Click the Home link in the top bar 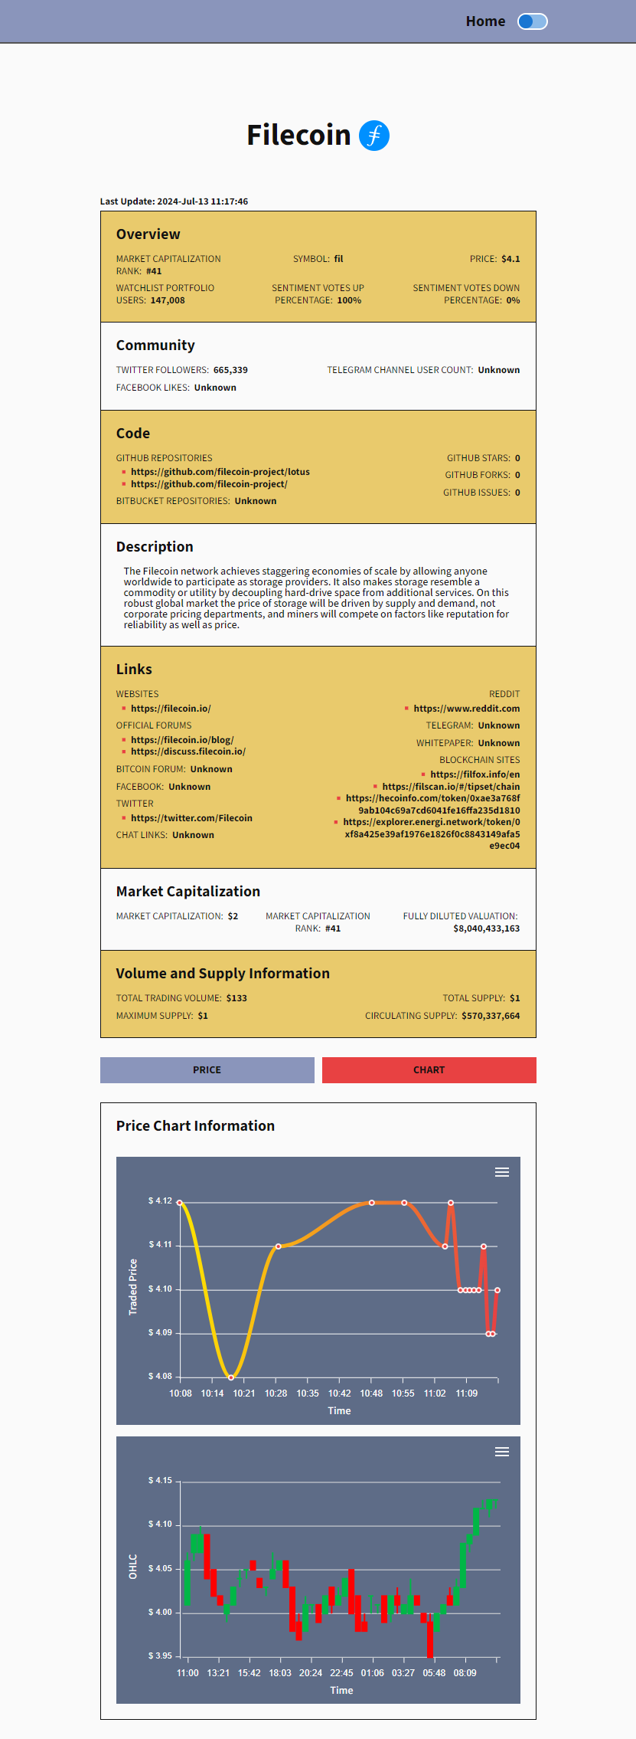485,21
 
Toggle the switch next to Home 532,21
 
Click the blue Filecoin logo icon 374,136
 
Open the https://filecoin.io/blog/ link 182,740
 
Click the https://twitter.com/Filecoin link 191,818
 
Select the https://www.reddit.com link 466,709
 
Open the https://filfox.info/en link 475,775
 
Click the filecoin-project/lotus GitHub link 220,472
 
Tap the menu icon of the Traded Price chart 502,1172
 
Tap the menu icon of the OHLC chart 502,1452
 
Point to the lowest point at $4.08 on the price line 231,1377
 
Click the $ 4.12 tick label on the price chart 160,1200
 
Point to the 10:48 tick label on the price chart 371,1393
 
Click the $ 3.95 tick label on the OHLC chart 160,1655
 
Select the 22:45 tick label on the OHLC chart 341,1672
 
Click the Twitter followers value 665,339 230,370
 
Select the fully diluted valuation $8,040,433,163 486,928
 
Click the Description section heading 155,547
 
